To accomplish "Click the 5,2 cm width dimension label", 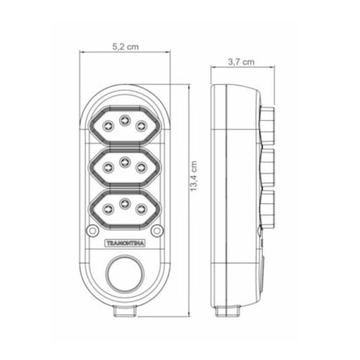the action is click(125, 46).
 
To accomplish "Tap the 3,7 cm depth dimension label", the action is click(241, 62).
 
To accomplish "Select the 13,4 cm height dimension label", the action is click(194, 176).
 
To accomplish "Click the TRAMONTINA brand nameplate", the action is click(125, 244).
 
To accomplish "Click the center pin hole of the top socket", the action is click(125, 119).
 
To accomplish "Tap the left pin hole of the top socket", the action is click(109, 126).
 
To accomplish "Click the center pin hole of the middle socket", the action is click(125, 161).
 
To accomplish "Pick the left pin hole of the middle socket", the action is click(109, 167).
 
